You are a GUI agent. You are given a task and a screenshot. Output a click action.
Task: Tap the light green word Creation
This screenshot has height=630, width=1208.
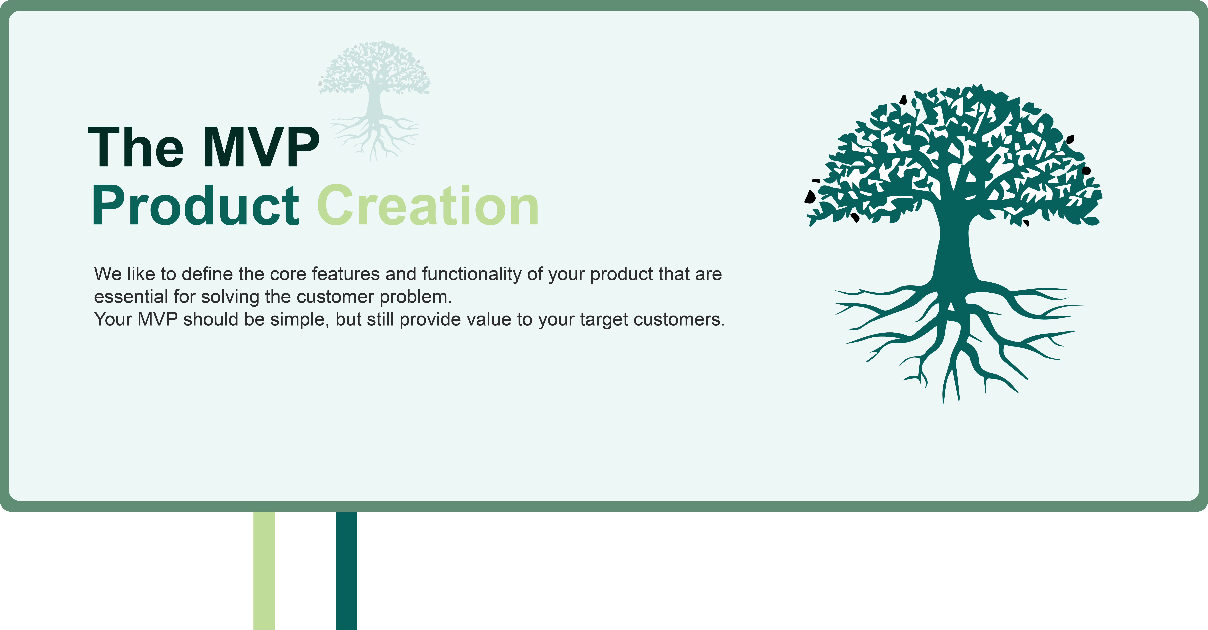pos(428,205)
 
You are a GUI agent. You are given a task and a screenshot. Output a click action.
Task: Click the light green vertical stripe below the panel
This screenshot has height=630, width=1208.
pos(264,570)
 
